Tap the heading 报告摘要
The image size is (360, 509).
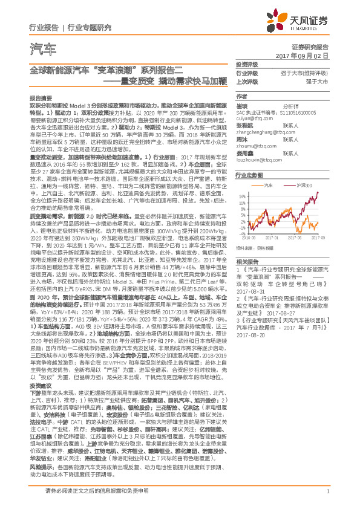[41, 97]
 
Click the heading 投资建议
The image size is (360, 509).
[41, 369]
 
